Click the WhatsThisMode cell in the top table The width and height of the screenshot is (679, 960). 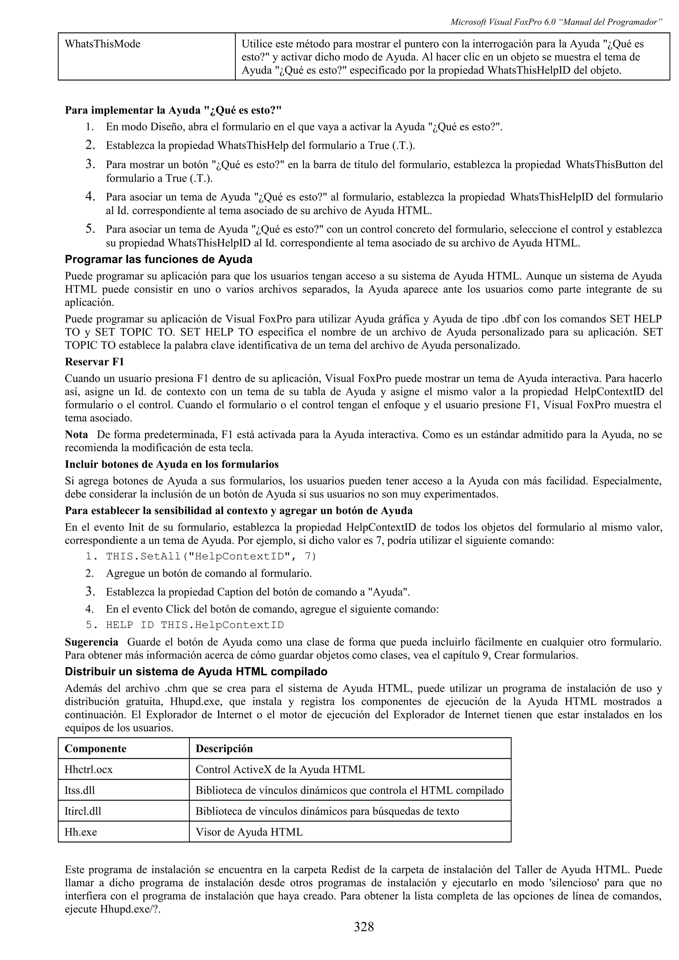tap(102, 44)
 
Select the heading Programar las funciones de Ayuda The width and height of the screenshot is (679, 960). tap(158, 260)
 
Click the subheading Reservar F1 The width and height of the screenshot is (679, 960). tap(94, 362)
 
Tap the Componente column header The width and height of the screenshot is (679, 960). tap(95, 748)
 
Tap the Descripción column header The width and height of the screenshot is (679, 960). tap(224, 748)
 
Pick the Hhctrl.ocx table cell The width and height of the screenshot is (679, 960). tap(89, 769)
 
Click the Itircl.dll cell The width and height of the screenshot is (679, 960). tap(83, 811)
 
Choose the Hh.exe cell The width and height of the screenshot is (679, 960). tap(81, 832)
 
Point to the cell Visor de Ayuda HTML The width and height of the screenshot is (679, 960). tap(249, 832)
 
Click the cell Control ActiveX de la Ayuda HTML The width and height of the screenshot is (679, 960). tap(280, 769)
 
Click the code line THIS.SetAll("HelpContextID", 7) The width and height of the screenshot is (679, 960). tap(211, 557)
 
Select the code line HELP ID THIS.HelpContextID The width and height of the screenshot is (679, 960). tap(195, 625)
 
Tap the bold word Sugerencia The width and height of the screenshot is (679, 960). tap(92, 642)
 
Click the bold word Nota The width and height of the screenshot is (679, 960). tap(76, 435)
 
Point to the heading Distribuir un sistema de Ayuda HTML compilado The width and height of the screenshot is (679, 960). tap(196, 672)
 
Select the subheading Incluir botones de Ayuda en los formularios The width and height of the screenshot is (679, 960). tap(171, 464)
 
